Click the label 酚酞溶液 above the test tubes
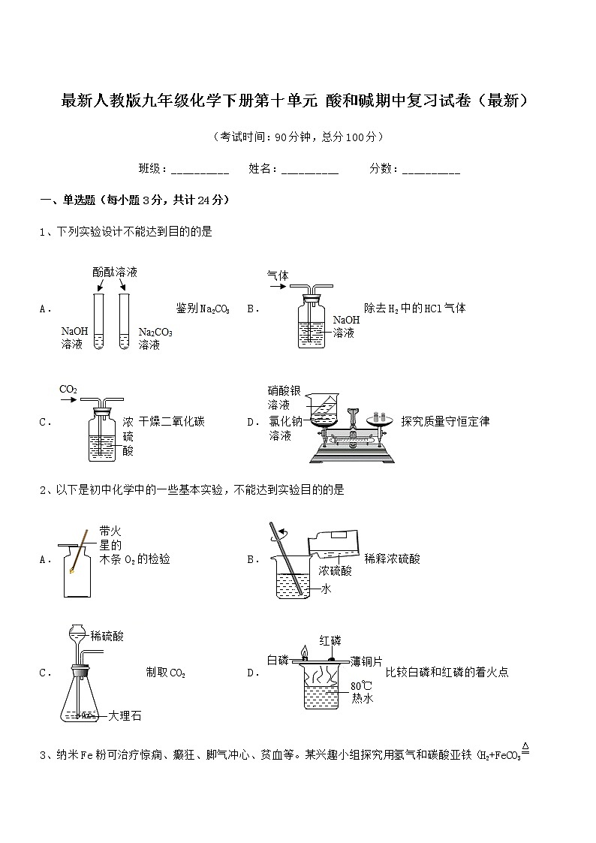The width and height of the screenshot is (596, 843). tap(115, 272)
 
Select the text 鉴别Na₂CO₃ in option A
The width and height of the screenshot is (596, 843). tap(203, 309)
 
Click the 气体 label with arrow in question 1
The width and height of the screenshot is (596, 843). tap(278, 275)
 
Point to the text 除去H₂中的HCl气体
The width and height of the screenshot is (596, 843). tap(414, 308)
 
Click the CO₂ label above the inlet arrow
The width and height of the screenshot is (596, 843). tap(68, 389)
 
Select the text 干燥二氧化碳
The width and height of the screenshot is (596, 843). tap(171, 422)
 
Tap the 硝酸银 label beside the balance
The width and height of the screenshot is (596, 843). tap(284, 390)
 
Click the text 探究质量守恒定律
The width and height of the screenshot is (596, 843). tap(445, 421)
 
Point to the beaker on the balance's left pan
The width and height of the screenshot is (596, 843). tap(324, 412)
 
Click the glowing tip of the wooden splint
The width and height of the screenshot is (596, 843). tap(73, 571)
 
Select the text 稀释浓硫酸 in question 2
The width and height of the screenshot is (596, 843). tap(392, 558)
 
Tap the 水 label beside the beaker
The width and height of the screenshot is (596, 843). tap(326, 589)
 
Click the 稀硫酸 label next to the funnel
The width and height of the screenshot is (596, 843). tap(107, 636)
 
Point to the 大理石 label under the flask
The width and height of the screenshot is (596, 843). tap(125, 715)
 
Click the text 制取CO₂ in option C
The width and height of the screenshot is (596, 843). tap(165, 673)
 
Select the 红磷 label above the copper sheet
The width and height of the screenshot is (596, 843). tap(330, 640)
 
